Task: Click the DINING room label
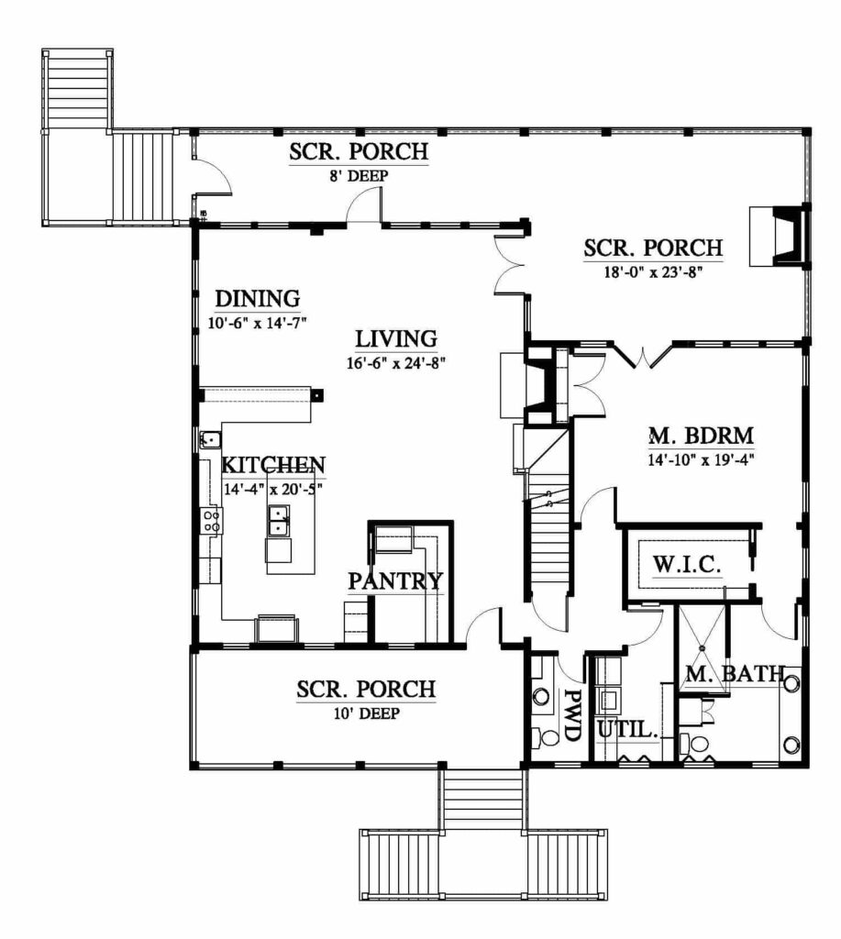(x=258, y=298)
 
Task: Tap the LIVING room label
(x=396, y=339)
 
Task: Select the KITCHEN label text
(x=273, y=465)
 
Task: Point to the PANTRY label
(x=395, y=580)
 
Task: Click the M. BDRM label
(x=702, y=436)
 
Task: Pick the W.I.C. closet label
(x=686, y=564)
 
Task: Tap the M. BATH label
(x=735, y=674)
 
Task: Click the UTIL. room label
(x=628, y=729)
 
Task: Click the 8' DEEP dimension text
(x=359, y=176)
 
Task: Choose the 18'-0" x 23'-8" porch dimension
(x=653, y=271)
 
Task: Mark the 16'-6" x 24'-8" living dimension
(x=396, y=363)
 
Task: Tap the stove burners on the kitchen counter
(x=211, y=521)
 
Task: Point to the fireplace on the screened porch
(x=780, y=236)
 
